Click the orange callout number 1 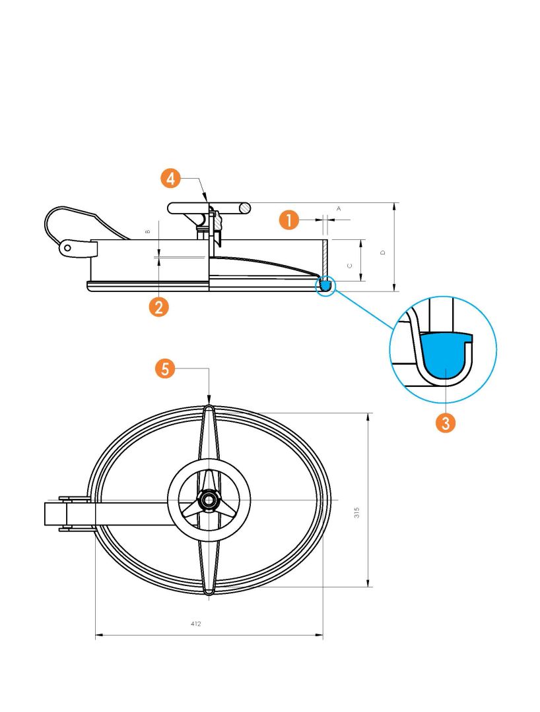[289, 220]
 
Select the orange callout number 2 [158, 307]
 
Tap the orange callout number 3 [446, 423]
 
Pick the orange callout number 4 [170, 179]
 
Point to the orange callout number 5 [165, 369]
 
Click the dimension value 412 [195, 624]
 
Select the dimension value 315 [357, 513]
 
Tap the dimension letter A [339, 209]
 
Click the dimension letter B [148, 231]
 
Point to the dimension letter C [349, 266]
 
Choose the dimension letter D [383, 252]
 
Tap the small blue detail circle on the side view [325, 285]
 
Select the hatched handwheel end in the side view [246, 208]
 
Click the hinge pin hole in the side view [68, 247]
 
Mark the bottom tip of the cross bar [209, 593]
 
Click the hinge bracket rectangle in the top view [55, 514]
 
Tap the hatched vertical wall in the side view [325, 258]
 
